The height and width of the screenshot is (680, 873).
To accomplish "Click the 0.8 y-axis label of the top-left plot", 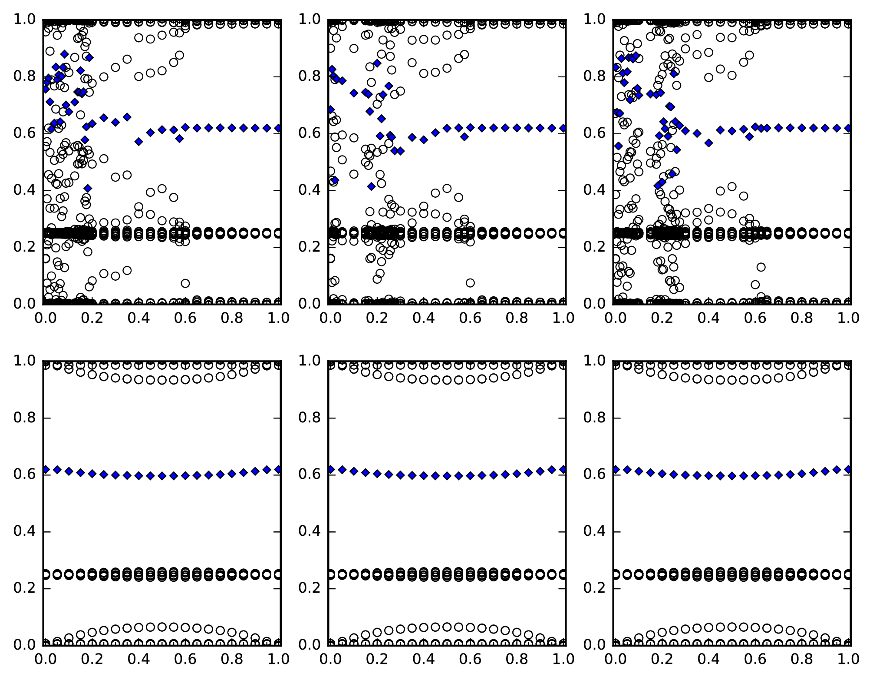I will point(25,77).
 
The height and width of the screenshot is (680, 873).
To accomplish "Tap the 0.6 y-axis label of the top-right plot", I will point(595,133).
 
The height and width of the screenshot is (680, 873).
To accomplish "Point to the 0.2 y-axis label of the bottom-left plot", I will point(25,588).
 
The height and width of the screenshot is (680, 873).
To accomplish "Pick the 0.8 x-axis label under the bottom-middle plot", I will point(518,659).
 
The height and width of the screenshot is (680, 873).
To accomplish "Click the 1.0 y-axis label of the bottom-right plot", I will point(595,361).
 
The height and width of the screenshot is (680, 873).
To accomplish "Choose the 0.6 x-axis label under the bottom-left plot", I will point(186,659).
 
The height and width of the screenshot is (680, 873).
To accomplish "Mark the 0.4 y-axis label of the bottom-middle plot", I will point(310,532).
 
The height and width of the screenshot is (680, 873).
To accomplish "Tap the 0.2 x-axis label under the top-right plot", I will point(662,318).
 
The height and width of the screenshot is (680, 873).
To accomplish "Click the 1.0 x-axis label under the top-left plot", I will point(278,318).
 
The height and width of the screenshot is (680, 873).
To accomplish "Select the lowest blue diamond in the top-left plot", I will point(88,188).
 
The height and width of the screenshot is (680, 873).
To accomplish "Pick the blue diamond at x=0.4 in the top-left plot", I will point(138,141).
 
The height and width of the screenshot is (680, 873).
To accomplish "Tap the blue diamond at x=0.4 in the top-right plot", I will point(708,143).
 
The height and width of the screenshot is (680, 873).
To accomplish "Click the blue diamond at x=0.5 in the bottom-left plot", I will point(162,476).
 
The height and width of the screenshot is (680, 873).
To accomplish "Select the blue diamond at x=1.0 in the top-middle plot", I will point(563,128).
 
